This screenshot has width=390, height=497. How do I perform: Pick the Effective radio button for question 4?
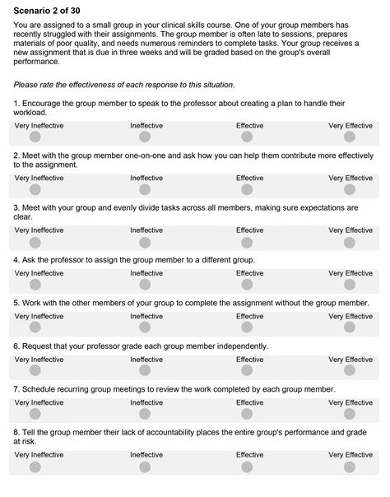point(249,285)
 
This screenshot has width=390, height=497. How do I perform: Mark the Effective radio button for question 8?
point(249,467)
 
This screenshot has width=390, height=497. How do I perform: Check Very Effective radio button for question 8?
point(351,467)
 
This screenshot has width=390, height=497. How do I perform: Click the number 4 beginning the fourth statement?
point(16,260)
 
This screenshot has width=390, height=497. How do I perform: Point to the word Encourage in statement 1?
point(44,104)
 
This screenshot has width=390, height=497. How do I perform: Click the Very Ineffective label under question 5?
point(39,316)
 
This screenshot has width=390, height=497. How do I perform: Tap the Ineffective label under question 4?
point(146,273)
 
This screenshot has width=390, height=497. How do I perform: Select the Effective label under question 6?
point(250,360)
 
